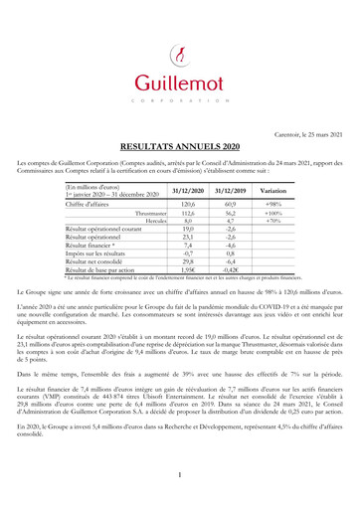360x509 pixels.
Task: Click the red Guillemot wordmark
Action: (x=179, y=81)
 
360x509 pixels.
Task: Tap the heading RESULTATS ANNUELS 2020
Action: (x=179, y=144)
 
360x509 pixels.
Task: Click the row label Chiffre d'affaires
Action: (x=86, y=203)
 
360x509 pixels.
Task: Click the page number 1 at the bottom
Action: (x=180, y=474)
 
